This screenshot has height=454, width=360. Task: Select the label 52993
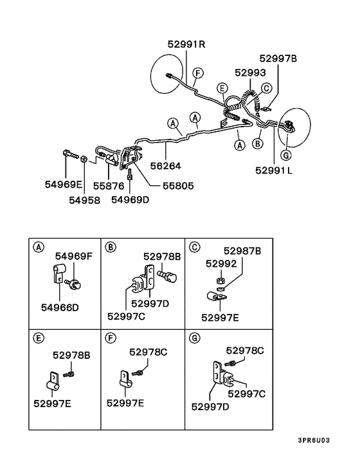coord(250,73)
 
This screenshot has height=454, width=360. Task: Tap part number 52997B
coord(278,59)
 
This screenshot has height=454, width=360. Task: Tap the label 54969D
coord(130,200)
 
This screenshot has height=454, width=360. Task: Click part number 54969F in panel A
coord(74,257)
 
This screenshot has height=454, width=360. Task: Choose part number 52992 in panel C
coord(221,263)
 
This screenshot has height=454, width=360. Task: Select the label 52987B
coord(243,251)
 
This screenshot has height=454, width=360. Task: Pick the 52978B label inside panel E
coord(72,354)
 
